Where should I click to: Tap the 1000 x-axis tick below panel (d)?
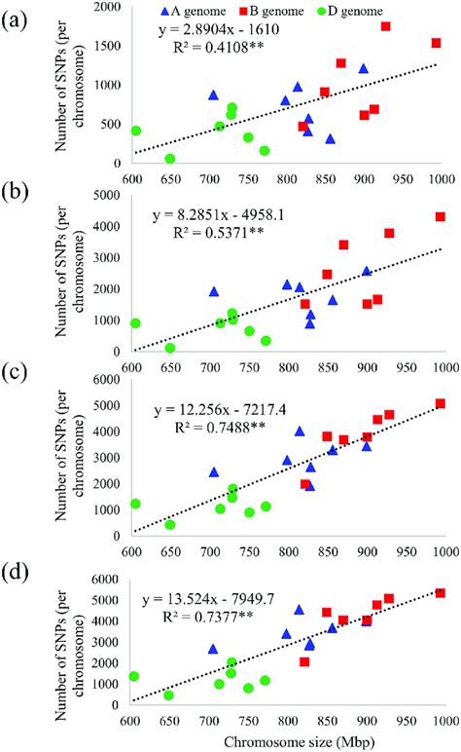[443, 722]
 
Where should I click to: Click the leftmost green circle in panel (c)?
[135, 504]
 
